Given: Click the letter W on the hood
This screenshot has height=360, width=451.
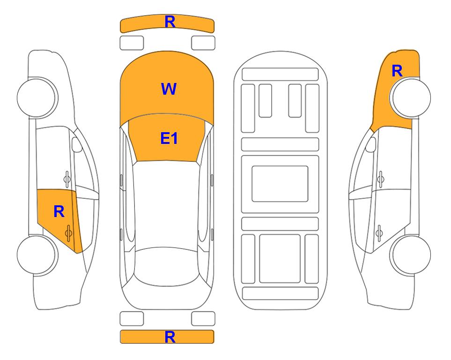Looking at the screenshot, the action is pos(169,89).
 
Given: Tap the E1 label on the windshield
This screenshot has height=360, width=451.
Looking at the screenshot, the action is pos(169,138).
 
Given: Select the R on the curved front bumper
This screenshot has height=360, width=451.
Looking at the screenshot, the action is pos(170,22).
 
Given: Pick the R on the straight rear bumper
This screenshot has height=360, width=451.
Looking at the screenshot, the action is pos(170,337).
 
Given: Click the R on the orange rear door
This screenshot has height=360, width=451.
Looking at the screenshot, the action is pos(59,212).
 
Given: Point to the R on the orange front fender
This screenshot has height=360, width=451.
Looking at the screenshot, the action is pos(397,71).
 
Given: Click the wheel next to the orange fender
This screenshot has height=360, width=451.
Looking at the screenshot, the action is pos(410,97).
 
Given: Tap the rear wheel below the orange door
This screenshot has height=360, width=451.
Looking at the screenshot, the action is pos(37,255).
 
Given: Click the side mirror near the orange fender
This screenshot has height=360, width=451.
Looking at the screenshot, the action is pos(371,145).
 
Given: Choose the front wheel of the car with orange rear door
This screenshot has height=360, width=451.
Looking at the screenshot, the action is pos(37,97).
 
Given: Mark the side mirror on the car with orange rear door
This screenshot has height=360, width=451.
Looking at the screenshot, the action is pos(77,145).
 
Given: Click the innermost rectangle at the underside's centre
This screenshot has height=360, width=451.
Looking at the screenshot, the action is pos(280,184).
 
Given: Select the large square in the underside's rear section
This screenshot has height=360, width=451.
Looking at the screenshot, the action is pos(280,259).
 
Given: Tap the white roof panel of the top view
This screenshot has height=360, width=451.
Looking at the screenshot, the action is pos(167,204).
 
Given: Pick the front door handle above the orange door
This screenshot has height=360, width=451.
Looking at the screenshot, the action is pos(67,179).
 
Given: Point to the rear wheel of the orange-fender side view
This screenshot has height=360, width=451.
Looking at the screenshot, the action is pos(410,255).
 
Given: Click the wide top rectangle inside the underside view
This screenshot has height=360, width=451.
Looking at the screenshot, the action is pos(280,75).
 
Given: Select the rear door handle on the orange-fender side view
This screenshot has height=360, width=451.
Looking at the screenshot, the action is pos(379,233).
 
